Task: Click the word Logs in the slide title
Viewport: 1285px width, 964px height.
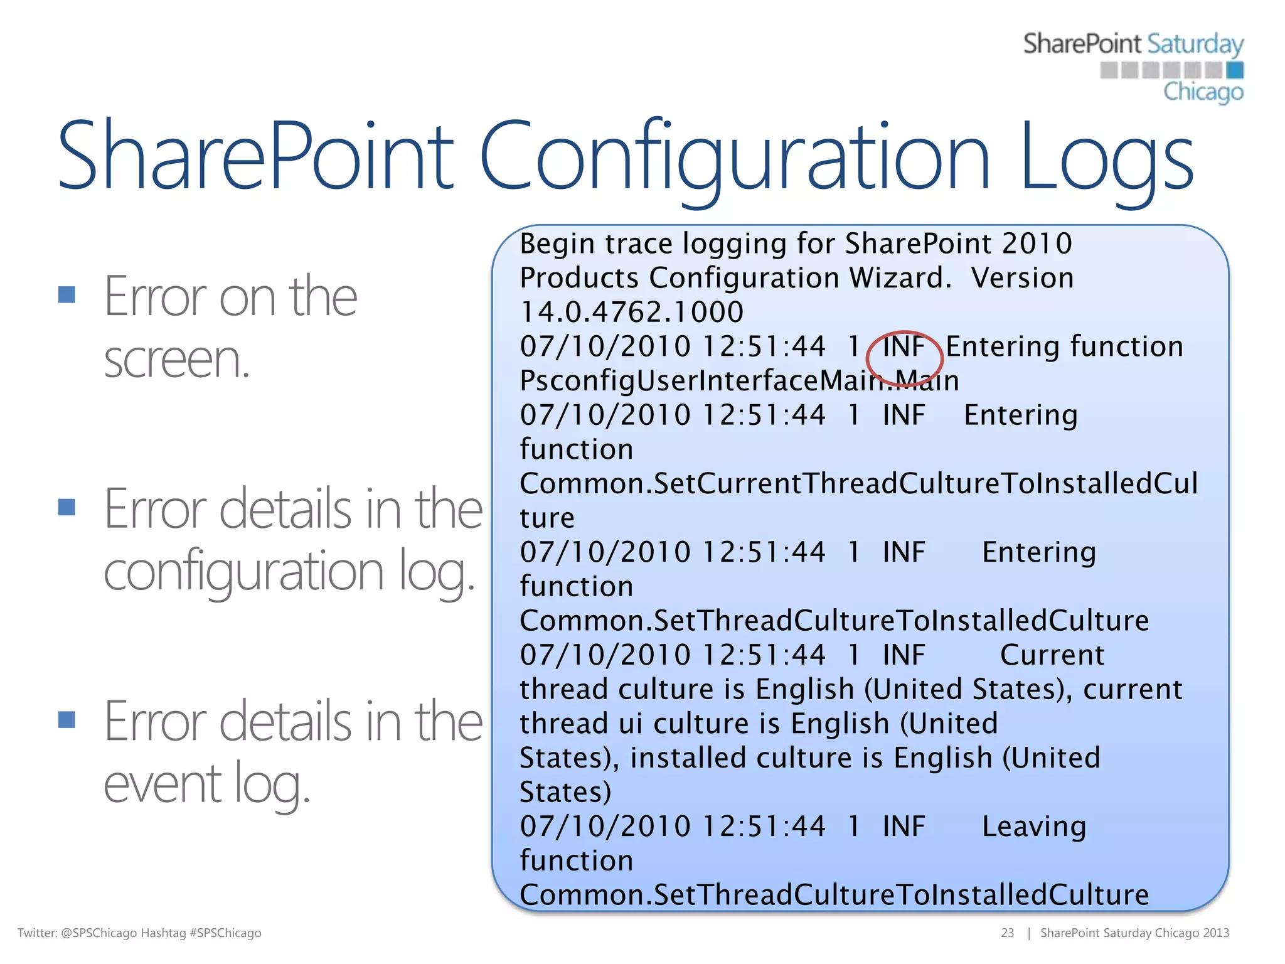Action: click(1107, 157)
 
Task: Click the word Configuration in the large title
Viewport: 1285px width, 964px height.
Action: click(735, 157)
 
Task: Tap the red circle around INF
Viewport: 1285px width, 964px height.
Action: click(904, 358)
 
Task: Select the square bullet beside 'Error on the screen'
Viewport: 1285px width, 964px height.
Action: click(67, 294)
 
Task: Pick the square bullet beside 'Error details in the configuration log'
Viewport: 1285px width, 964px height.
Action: click(67, 506)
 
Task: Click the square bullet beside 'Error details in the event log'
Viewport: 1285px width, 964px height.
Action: click(67, 719)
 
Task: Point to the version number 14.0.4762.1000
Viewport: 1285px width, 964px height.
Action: click(632, 312)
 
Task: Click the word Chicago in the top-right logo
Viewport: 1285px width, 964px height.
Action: click(1203, 92)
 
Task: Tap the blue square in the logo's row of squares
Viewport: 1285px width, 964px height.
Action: click(1235, 70)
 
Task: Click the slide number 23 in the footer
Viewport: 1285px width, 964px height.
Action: click(1007, 933)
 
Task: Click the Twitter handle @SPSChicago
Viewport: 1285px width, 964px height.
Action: click(99, 933)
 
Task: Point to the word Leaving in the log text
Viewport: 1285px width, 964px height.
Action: click(1033, 826)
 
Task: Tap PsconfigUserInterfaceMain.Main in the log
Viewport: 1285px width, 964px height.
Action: click(739, 381)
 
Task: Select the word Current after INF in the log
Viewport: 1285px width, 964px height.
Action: click(1052, 655)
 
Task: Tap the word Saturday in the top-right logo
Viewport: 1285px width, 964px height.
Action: click(1195, 45)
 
